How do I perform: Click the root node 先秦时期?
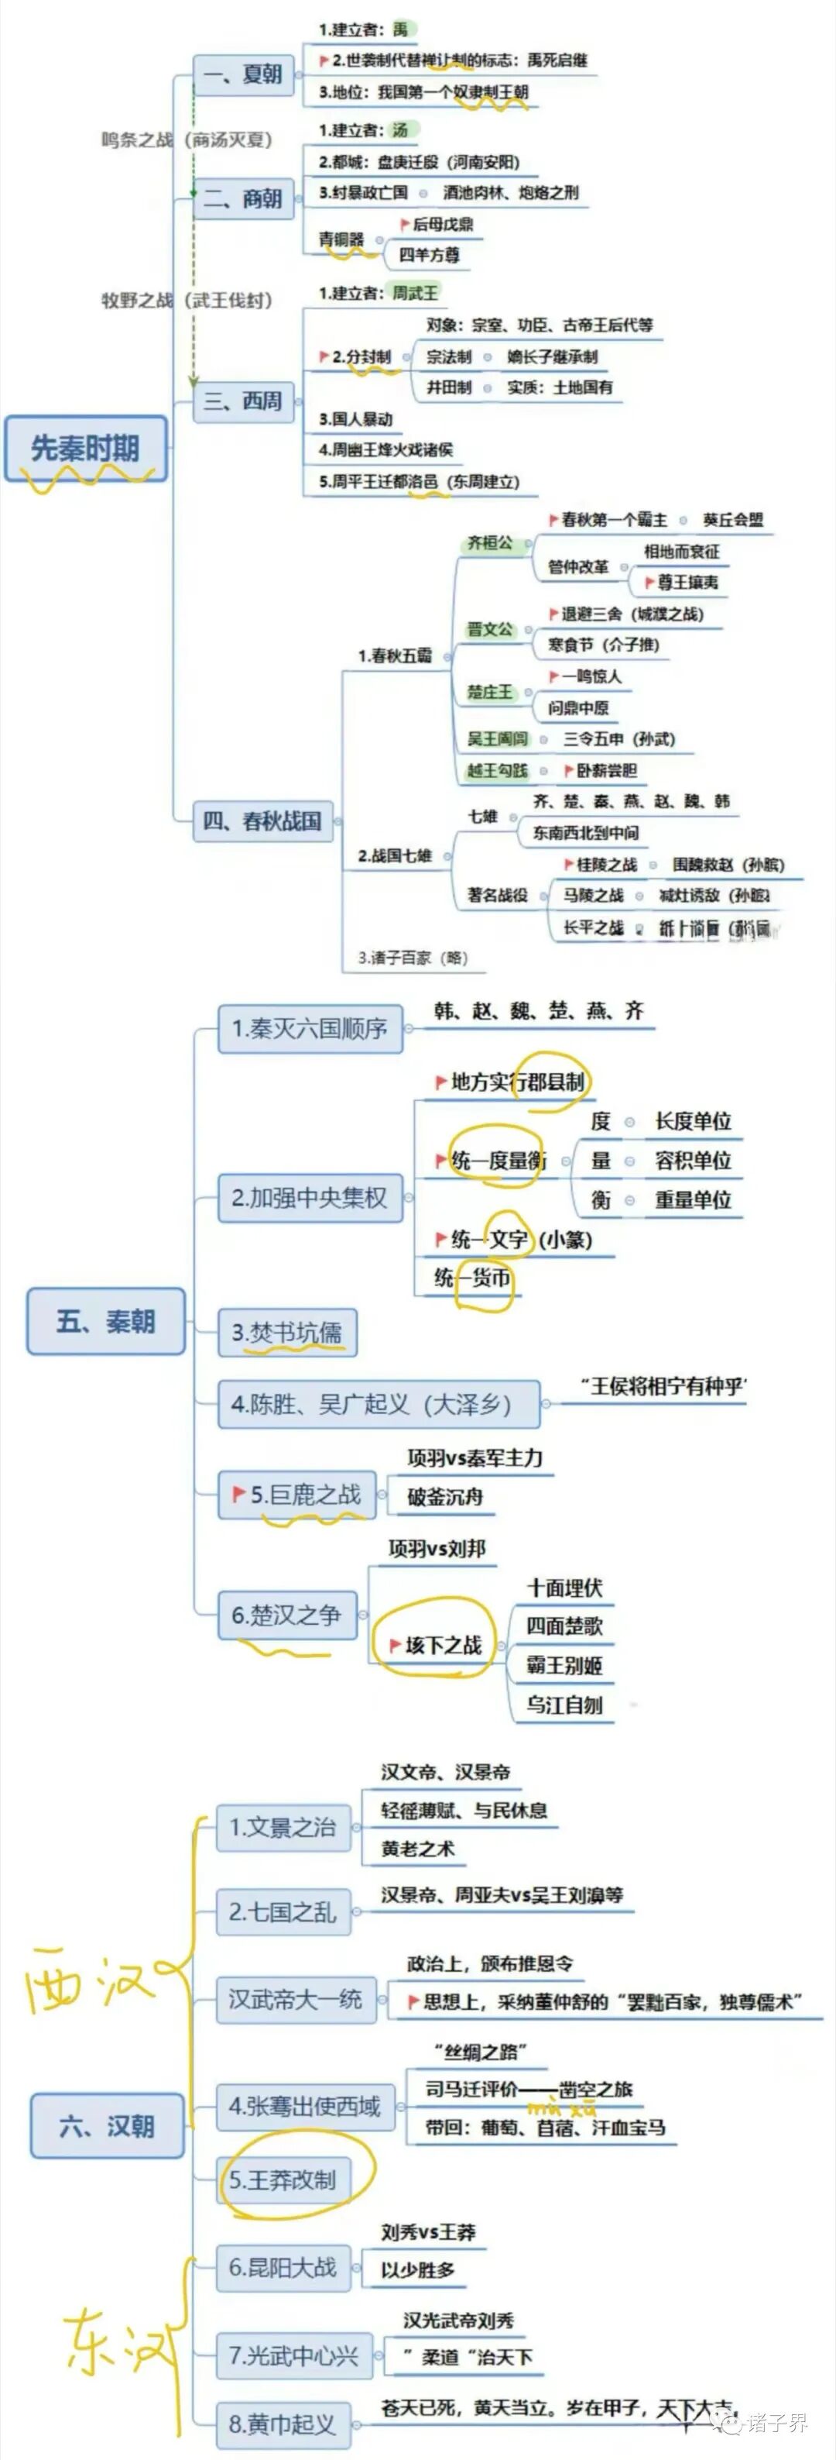[86, 448]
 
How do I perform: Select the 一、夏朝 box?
[242, 74]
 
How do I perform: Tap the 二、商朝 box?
[242, 198]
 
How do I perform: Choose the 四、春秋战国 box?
[262, 821]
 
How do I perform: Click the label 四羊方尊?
[429, 255]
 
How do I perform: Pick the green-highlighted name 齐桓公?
[489, 543]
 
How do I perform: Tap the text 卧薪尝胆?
[607, 769]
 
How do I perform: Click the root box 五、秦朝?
[105, 1321]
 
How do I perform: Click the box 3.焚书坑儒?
[286, 1332]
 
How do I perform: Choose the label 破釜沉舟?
[445, 1496]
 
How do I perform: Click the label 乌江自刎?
[564, 1705]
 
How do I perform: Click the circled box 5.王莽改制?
[283, 2180]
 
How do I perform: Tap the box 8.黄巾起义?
[282, 2424]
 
